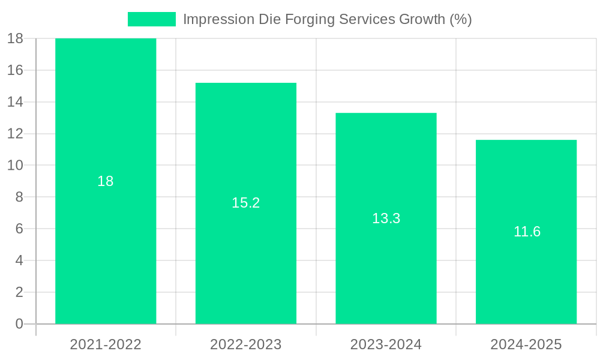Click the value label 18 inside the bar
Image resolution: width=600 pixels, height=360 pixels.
coord(106,181)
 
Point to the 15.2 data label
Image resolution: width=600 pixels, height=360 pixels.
coord(245,203)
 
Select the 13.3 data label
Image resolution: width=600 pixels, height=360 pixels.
coord(386,218)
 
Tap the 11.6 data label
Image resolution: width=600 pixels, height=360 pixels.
coord(527,232)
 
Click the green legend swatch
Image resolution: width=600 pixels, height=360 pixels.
coord(152,19)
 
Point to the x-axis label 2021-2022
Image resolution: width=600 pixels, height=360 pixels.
coord(106,344)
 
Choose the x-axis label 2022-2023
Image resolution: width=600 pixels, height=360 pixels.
coord(245,344)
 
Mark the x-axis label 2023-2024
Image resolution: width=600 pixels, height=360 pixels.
coord(386,344)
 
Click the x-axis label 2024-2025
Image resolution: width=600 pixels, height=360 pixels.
coord(526,344)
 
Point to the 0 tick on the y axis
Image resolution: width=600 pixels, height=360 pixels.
coord(19,324)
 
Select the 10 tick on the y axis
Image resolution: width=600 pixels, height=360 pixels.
coord(15,165)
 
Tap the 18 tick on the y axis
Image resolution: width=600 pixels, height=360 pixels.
coord(15,38)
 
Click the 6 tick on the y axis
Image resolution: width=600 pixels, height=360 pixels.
coord(19,229)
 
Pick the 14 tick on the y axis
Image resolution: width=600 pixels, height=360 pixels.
coord(15,102)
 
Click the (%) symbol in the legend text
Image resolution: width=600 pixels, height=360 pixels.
coord(460,19)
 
